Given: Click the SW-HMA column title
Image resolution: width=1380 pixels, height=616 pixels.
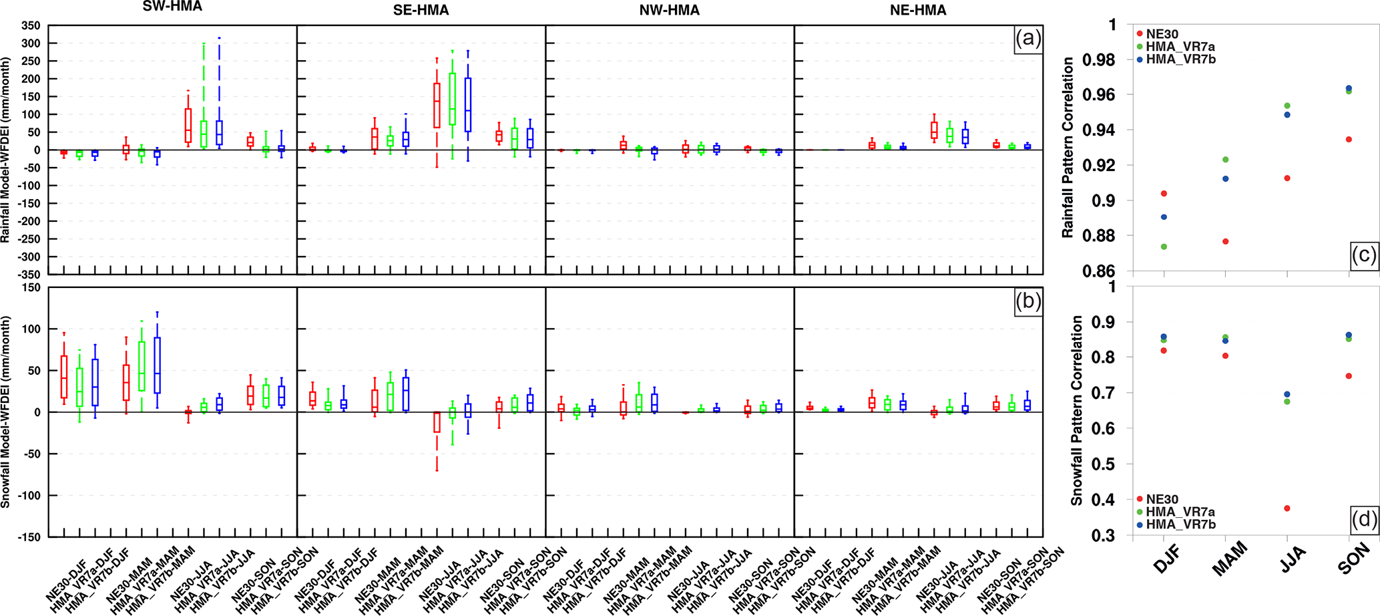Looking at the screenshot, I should pyautogui.click(x=172, y=7).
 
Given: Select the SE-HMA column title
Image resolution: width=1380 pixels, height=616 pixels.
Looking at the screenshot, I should pyautogui.click(x=421, y=11).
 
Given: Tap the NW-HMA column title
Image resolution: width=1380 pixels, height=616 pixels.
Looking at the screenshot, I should pyautogui.click(x=670, y=11).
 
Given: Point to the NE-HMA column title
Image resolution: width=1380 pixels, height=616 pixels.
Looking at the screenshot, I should pyautogui.click(x=918, y=11).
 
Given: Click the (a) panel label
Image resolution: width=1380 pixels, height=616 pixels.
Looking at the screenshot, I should pyautogui.click(x=1027, y=39).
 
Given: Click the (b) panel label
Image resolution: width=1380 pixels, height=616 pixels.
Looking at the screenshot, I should pyautogui.click(x=1027, y=301).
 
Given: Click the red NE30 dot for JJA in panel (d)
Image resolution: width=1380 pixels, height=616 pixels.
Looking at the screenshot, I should pyautogui.click(x=1287, y=508).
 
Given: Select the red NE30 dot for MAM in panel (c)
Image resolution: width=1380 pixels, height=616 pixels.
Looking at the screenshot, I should pyautogui.click(x=1226, y=241).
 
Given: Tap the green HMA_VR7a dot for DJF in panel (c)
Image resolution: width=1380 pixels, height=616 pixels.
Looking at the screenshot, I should pyautogui.click(x=1164, y=247).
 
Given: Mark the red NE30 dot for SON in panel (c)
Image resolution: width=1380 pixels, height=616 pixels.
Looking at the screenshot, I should pyautogui.click(x=1349, y=140).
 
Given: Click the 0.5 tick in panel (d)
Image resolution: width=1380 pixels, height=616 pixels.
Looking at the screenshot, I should pyautogui.click(x=1107, y=464).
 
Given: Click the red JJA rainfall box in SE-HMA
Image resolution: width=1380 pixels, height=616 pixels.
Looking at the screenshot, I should pyautogui.click(x=437, y=105).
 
